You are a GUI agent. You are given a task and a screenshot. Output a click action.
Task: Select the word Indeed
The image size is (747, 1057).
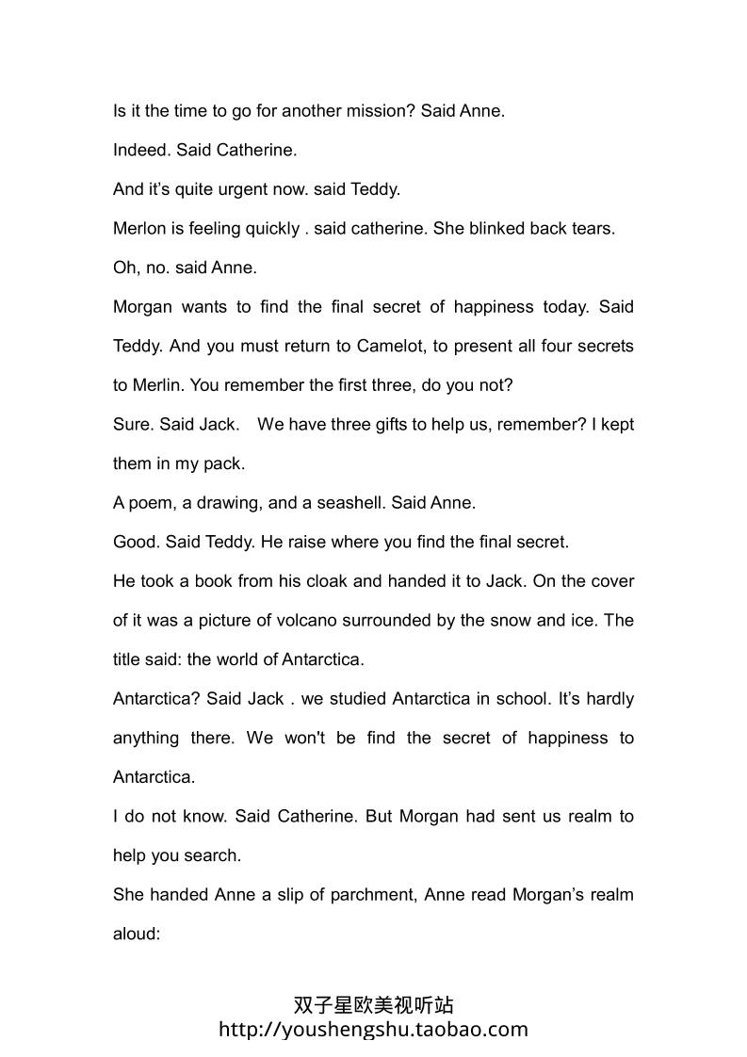[x=139, y=150]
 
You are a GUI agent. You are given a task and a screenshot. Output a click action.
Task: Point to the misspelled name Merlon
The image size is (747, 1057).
[x=139, y=229]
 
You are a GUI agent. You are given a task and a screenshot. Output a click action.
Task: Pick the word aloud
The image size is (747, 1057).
[x=138, y=935]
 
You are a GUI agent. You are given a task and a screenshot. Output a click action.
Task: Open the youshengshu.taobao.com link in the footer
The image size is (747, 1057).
[x=373, y=1029]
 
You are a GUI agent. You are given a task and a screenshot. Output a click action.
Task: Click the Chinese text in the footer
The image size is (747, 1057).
[x=373, y=1006]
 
